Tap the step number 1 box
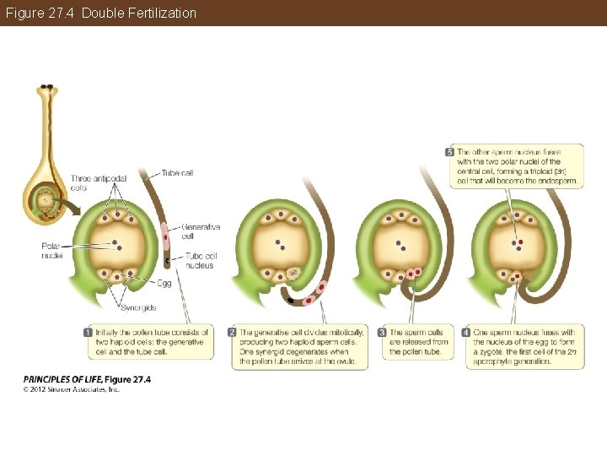tap(88, 332)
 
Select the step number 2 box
tap(232, 332)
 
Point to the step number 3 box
tap(382, 332)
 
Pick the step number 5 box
tap(449, 151)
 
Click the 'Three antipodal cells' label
tap(91, 182)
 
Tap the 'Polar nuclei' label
tap(51, 250)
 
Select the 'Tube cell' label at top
tap(177, 173)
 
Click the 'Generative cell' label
tap(201, 231)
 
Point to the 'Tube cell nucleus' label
tap(200, 260)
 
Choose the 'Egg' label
tap(164, 283)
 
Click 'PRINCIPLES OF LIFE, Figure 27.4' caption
tap(87, 380)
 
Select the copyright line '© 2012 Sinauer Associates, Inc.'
tap(71, 389)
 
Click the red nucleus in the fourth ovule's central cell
tap(521, 242)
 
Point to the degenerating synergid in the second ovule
tap(293, 273)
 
